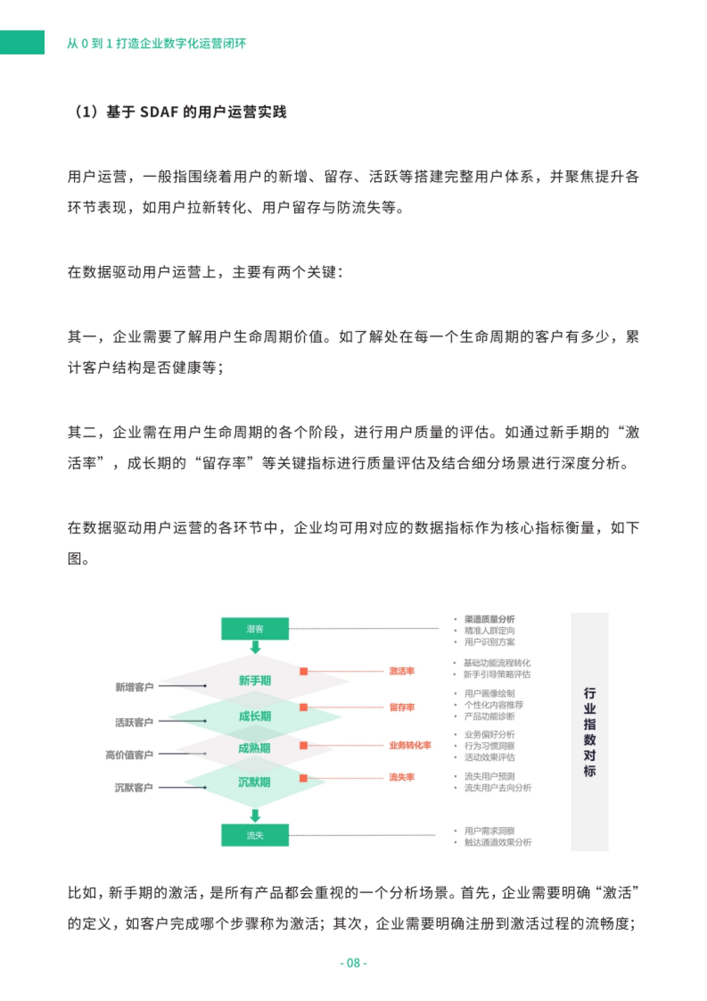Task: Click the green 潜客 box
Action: coord(255,628)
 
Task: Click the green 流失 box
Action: coord(255,835)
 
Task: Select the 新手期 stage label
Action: coord(255,680)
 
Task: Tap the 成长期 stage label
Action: coord(255,716)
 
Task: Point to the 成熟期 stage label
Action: coord(255,748)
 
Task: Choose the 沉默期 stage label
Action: coord(255,782)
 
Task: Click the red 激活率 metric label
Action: coord(401,671)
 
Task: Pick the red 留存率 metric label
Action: coord(401,707)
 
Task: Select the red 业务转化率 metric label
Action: coord(409,745)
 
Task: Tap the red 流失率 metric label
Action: coord(401,778)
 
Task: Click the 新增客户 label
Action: coord(134,687)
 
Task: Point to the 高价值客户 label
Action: coord(130,755)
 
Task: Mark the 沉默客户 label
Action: coord(134,788)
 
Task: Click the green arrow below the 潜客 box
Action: coord(255,647)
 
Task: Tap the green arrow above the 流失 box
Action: coord(255,815)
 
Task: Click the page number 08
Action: coord(353,963)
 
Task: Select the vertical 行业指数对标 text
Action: coord(589,732)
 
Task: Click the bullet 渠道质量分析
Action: coord(489,619)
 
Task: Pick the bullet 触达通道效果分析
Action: coord(497,842)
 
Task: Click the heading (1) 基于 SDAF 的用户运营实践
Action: coord(179,111)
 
